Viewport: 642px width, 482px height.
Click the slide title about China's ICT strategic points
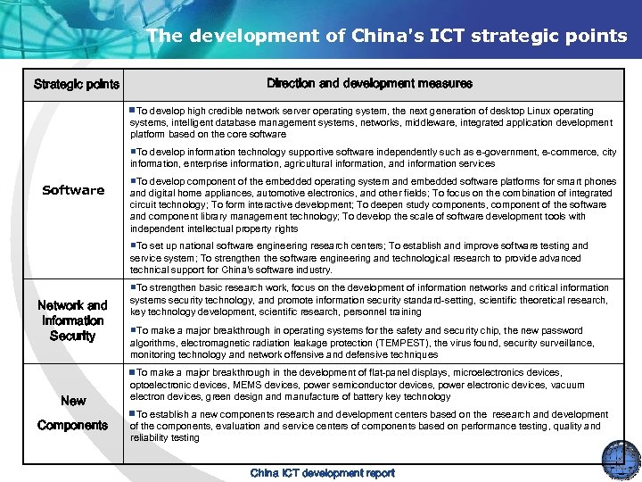(x=387, y=36)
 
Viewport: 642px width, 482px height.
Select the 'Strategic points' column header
(x=77, y=85)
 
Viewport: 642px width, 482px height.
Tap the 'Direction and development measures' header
(x=370, y=84)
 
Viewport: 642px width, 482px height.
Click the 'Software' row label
(x=73, y=190)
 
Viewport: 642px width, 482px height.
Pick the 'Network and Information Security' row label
(x=72, y=320)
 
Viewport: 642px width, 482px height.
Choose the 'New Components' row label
(x=72, y=412)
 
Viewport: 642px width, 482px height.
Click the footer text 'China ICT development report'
(x=322, y=473)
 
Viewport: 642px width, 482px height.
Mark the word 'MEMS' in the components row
(x=230, y=385)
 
